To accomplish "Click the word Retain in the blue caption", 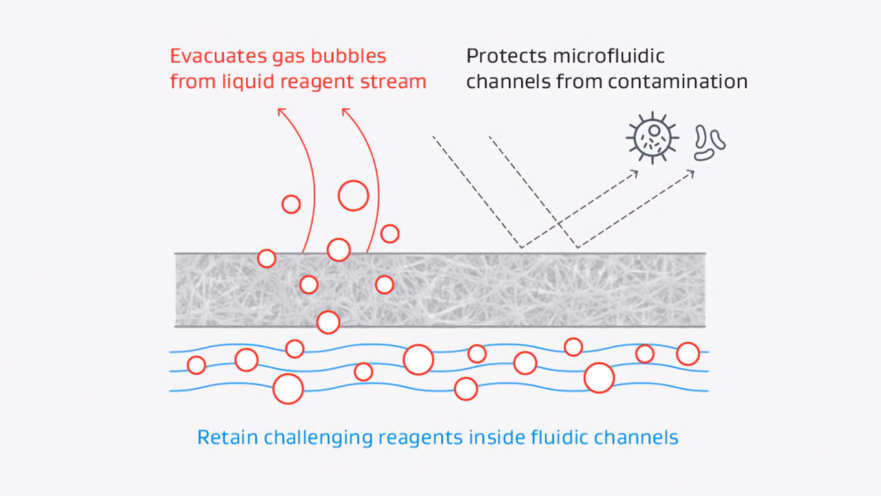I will click(224, 437).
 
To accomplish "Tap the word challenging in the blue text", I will click(315, 437).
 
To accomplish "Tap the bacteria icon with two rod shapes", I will click(710, 142).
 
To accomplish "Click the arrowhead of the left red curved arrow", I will click(281, 111).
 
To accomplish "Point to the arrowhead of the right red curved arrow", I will click(346, 111).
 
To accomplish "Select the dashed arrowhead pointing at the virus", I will click(635, 172).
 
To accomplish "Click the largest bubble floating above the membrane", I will click(353, 195).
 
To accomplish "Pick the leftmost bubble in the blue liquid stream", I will click(196, 365).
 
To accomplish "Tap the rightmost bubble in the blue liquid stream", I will click(688, 353).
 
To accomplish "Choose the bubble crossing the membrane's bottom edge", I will click(328, 322).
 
